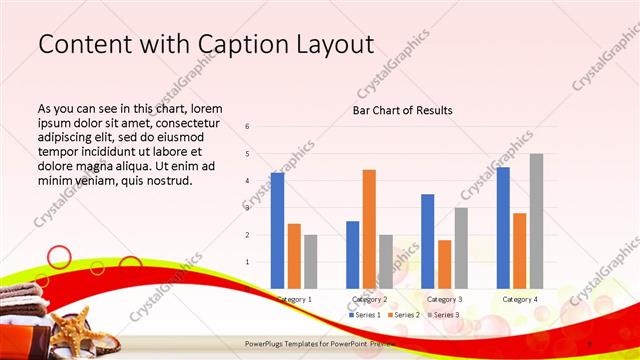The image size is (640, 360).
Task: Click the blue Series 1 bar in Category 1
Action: coord(277,230)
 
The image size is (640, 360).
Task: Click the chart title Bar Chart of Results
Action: coord(402,110)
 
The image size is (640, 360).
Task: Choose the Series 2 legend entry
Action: coord(402,315)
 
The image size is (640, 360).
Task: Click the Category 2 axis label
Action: coord(369,299)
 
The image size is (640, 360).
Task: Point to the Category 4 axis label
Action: coord(519,299)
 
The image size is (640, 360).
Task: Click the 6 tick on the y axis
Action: coord(247,127)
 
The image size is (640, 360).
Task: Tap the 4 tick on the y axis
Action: coord(247,181)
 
